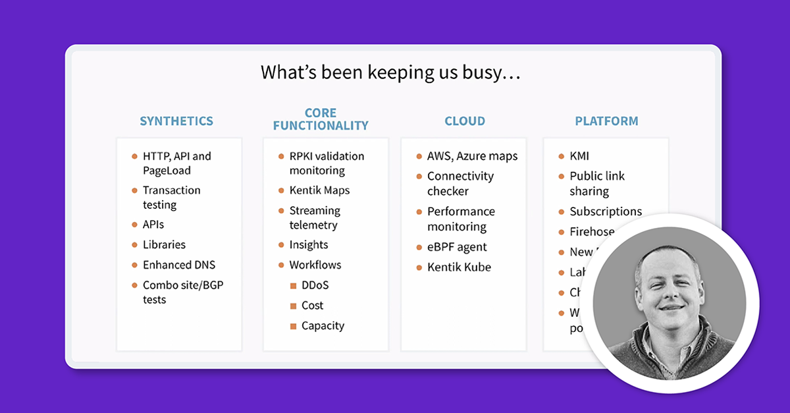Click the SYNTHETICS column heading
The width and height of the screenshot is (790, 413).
point(176,121)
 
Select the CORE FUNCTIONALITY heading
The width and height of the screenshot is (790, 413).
point(321,119)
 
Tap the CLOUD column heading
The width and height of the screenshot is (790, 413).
point(465,121)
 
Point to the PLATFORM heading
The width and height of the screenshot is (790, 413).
point(606,121)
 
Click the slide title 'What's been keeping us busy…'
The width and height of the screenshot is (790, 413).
point(390,72)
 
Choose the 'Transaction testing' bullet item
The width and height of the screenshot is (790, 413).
point(171,198)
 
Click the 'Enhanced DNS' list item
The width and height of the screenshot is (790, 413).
point(178,265)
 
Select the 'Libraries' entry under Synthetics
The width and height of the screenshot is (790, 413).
point(164,244)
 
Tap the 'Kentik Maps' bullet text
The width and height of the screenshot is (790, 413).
point(319,190)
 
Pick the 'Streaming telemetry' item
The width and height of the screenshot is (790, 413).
point(314,217)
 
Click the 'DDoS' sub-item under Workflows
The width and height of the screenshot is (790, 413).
point(315,285)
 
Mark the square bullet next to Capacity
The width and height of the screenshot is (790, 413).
point(294,326)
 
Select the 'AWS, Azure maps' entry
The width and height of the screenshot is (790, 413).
point(472,156)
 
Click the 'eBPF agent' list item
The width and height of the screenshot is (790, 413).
point(457,247)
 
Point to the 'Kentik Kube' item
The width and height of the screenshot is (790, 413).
point(459,267)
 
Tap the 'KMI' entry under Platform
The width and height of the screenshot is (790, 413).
point(579,156)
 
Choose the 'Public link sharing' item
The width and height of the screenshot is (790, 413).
point(596,184)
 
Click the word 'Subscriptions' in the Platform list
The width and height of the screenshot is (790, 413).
point(606,211)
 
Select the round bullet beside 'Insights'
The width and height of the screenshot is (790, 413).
point(280,245)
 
